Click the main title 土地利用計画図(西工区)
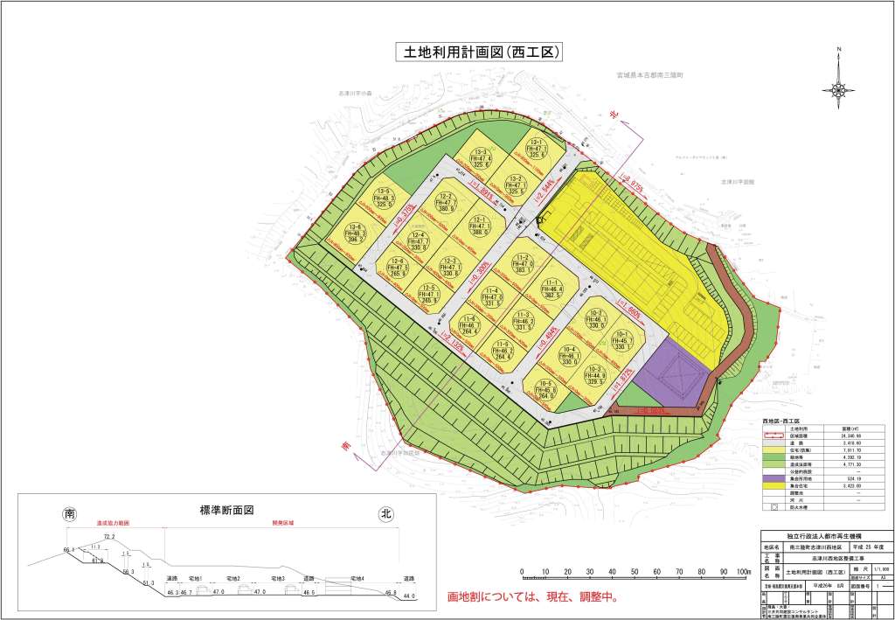(476, 52)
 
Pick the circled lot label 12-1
(479, 225)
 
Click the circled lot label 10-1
(623, 341)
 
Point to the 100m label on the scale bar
(743, 572)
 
